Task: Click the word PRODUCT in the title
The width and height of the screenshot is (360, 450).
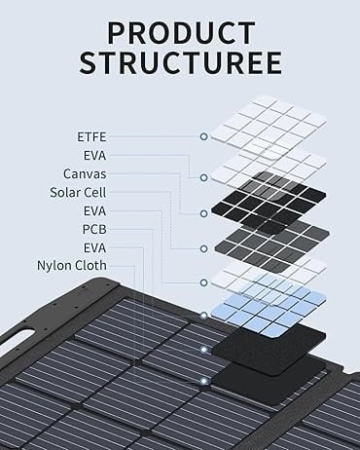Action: (181, 33)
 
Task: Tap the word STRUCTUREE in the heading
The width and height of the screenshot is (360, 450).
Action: (181, 62)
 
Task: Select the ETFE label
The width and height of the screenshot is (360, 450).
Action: (91, 137)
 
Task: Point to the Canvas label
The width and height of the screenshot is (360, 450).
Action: (85, 174)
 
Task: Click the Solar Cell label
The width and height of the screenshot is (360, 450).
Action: (78, 193)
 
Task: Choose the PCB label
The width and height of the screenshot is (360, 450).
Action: (94, 230)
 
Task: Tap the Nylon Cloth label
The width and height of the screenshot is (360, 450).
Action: (72, 266)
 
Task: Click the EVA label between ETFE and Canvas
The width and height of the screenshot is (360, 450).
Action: (94, 156)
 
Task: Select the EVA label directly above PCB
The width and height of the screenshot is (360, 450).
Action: (94, 211)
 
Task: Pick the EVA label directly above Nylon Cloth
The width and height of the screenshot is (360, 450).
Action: (94, 248)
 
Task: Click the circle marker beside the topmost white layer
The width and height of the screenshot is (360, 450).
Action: (203, 136)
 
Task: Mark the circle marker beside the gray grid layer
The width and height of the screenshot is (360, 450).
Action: (203, 248)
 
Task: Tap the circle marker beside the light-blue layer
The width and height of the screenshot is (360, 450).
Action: (203, 316)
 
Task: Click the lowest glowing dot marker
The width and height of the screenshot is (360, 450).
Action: (203, 381)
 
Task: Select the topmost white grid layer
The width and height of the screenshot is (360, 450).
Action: (269, 126)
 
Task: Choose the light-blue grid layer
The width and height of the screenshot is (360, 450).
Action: (269, 310)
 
